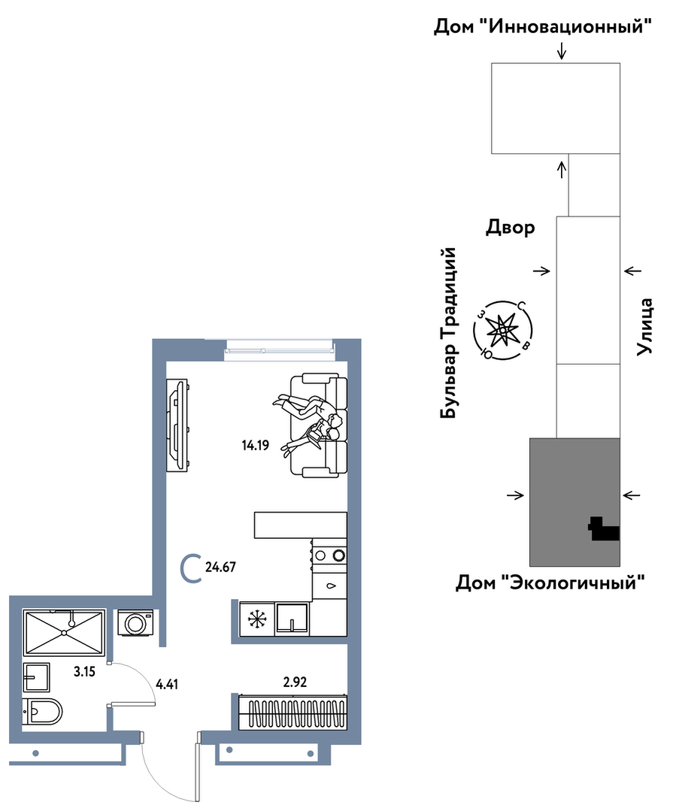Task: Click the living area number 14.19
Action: [256, 445]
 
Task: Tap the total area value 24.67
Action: [220, 567]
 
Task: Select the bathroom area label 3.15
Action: [84, 672]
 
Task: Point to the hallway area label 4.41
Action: [167, 684]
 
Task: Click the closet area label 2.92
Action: [295, 682]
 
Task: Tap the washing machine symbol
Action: [135, 623]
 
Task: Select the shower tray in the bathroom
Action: [64, 632]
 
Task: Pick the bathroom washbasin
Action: [36, 677]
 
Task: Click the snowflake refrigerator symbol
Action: [256, 619]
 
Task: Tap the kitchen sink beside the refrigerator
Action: [293, 619]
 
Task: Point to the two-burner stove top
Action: [329, 555]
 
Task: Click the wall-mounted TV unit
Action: [177, 425]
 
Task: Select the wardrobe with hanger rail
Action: [293, 713]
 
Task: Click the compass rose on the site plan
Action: [503, 329]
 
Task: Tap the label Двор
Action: [510, 228]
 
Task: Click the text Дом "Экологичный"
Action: [550, 583]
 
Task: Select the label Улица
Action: [644, 326]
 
